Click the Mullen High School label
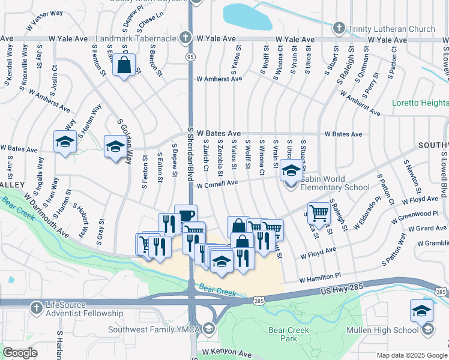pos(391,330)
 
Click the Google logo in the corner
pos(20,353)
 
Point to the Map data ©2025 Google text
pos(411,355)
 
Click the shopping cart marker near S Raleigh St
pos(318,213)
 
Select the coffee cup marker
pos(185,215)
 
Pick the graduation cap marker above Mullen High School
pos(422,311)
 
